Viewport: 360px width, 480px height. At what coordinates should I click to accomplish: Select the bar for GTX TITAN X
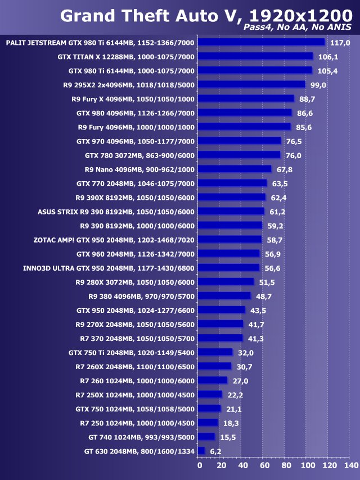[255, 56]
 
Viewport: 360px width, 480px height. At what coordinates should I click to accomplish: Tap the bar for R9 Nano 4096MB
[235, 169]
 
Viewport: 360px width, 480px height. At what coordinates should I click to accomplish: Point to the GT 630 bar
[202, 451]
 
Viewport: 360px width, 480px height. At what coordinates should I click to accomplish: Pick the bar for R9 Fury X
[246, 98]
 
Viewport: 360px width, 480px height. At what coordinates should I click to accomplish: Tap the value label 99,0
[318, 85]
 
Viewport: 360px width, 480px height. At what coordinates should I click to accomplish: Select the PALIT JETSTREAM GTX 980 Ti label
[100, 43]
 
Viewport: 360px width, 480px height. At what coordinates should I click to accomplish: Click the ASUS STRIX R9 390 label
[116, 212]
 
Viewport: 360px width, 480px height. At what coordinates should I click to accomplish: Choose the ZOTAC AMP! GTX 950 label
[114, 240]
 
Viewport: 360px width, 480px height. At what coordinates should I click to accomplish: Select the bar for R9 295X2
[252, 84]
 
